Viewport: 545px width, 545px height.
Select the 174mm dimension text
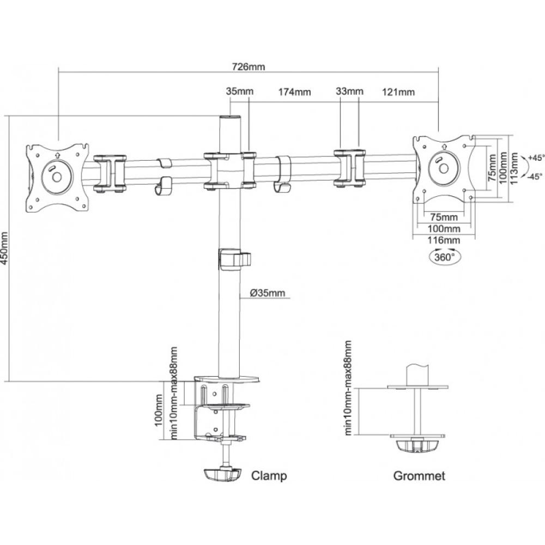294,92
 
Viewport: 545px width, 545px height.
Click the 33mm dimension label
349,90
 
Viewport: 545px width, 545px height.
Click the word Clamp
269,476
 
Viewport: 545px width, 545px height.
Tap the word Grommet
419,476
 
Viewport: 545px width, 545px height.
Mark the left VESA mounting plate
56,177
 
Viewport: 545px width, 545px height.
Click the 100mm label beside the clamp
158,410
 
